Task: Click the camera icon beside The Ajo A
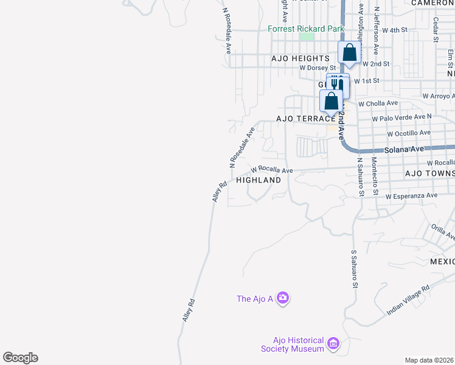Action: pyautogui.click(x=282, y=298)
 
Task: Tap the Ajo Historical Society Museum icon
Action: pyautogui.click(x=333, y=344)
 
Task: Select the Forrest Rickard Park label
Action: pyautogui.click(x=306, y=29)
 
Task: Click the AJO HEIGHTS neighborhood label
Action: pyautogui.click(x=300, y=58)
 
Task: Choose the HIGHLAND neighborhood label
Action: pyautogui.click(x=259, y=181)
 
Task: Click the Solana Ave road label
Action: pyautogui.click(x=403, y=150)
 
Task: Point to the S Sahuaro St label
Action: pyautogui.click(x=353, y=268)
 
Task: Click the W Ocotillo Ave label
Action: pyautogui.click(x=409, y=133)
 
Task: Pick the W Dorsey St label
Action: pyautogui.click(x=318, y=68)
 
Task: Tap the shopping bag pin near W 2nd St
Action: pyautogui.click(x=350, y=52)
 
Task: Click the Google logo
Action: pyautogui.click(x=20, y=358)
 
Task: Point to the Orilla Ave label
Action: pyautogui.click(x=443, y=232)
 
